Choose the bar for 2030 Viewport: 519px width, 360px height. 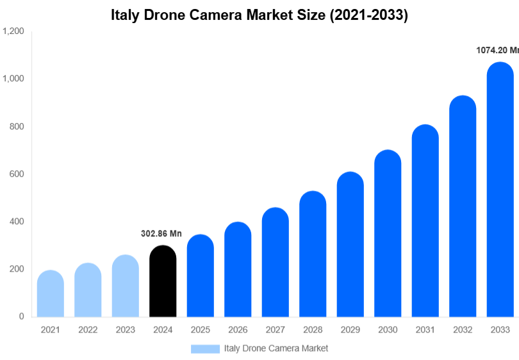point(388,233)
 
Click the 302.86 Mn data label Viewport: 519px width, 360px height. point(161,234)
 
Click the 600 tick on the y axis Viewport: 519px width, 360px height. point(17,174)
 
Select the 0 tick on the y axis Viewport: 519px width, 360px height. point(21,316)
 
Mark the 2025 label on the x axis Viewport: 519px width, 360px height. point(200,330)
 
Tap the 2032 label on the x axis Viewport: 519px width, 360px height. point(463,330)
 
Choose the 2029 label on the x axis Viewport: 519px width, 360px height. point(350,330)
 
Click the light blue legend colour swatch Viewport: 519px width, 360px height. point(205,348)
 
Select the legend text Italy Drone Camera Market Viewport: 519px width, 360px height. point(276,348)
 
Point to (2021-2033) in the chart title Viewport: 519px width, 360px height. point(368,15)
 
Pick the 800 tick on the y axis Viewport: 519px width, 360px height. point(17,127)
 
